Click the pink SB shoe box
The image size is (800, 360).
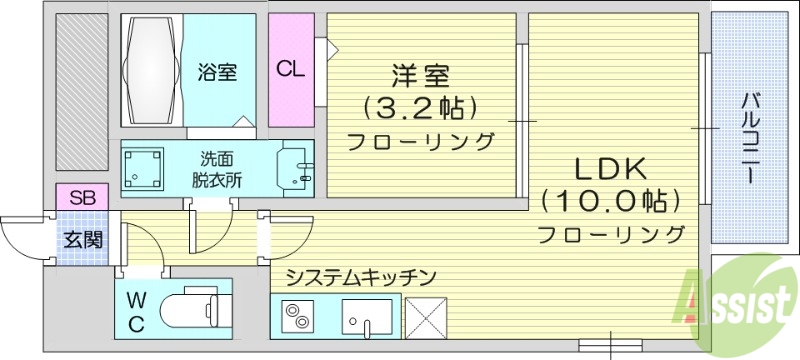(x=83, y=198)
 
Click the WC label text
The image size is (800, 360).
(x=136, y=311)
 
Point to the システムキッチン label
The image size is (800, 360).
(x=361, y=275)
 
